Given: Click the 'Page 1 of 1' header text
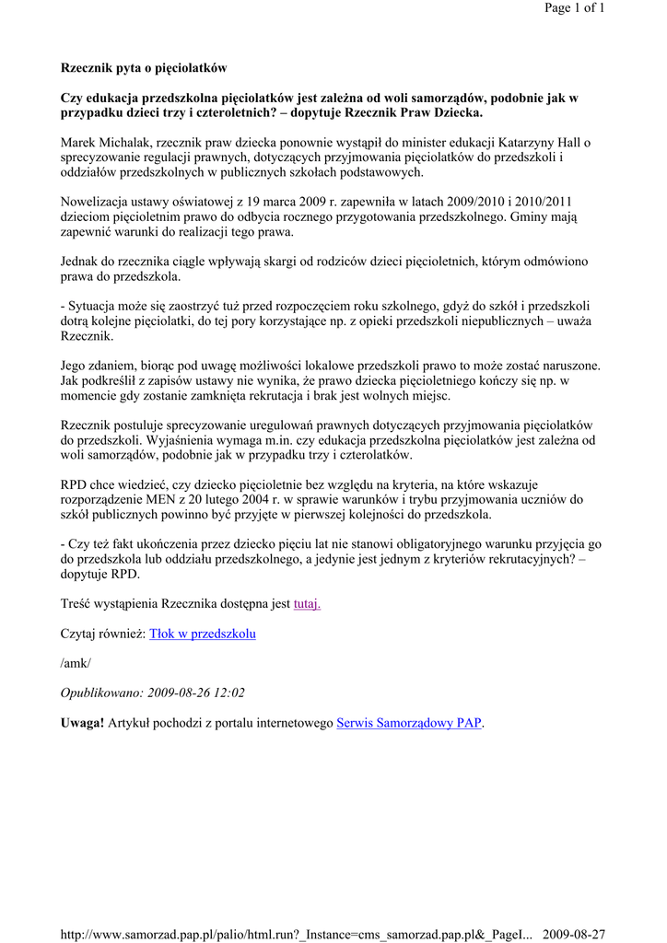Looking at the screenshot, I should [x=574, y=8].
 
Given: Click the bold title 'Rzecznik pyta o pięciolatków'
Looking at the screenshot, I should [x=144, y=68].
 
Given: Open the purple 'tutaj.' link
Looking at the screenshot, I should [x=307, y=604].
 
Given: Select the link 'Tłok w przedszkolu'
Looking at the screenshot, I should [x=202, y=634].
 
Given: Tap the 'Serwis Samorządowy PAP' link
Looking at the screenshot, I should [x=410, y=723].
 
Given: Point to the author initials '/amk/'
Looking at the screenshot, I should [x=76, y=663].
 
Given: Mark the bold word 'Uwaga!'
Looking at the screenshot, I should [x=82, y=723].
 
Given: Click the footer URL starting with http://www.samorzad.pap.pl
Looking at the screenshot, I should [x=296, y=935].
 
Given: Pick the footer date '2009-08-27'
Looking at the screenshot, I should [x=574, y=935].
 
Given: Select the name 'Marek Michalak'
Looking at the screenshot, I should [x=105, y=143].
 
